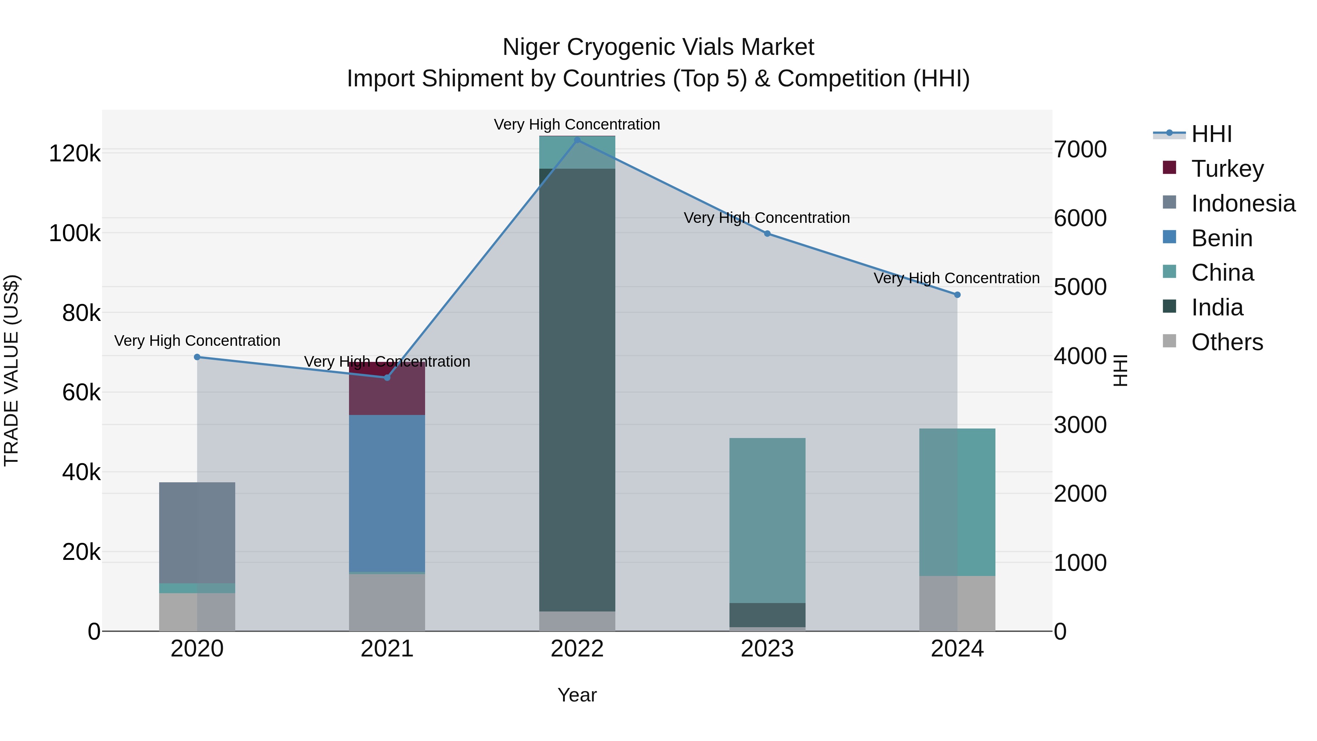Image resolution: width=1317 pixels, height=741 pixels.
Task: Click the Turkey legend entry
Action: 1227,169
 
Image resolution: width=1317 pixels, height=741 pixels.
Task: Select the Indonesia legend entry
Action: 1242,203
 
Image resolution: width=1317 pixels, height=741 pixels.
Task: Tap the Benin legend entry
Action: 1222,238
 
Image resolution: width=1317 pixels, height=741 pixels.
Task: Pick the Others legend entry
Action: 1227,342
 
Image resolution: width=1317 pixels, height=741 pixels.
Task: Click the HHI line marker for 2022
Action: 577,140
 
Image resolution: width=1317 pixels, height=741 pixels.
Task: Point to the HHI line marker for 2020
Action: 197,357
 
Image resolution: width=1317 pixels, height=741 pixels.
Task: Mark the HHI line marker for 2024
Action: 957,295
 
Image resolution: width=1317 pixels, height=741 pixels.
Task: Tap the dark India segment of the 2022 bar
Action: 577,389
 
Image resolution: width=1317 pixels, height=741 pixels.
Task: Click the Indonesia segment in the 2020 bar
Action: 197,532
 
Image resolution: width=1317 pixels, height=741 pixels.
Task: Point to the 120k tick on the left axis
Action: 75,153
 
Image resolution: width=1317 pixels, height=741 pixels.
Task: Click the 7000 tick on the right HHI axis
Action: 1080,149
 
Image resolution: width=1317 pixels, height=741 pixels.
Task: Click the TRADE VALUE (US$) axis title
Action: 11,370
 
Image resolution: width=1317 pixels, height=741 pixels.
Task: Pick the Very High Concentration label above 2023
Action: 766,218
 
